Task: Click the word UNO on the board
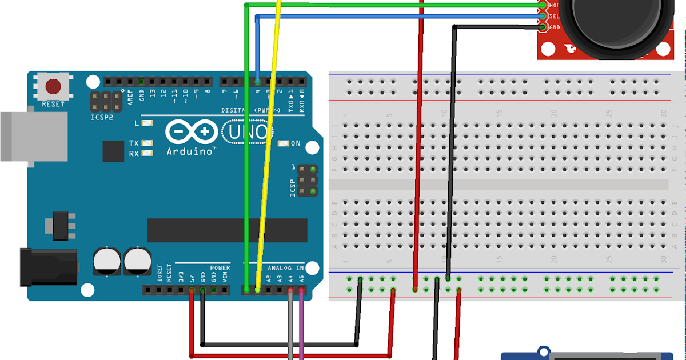click(x=248, y=132)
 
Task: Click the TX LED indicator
click(x=148, y=143)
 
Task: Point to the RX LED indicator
click(x=148, y=153)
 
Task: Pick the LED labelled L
click(x=148, y=123)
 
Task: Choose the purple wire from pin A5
click(x=301, y=326)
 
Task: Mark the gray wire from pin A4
click(x=291, y=326)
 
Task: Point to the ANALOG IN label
click(x=285, y=267)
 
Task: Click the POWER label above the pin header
click(x=220, y=267)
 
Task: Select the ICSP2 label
click(x=102, y=117)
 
